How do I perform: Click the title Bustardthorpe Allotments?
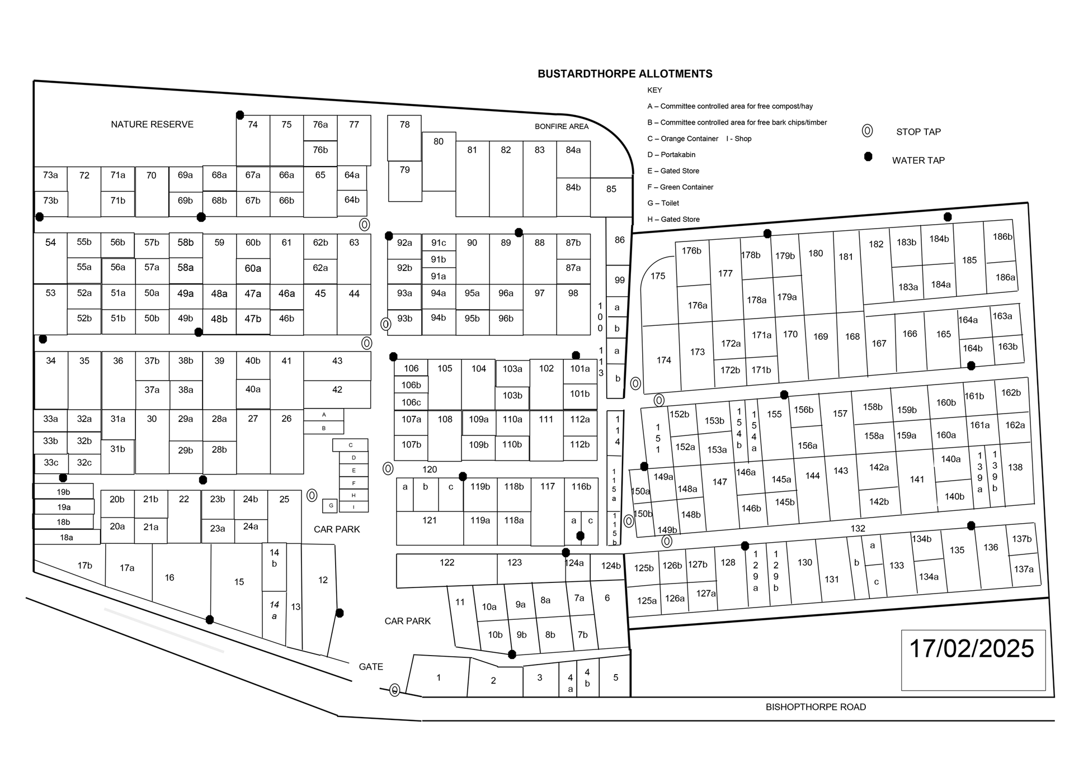click(x=625, y=74)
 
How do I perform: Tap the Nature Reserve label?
click(x=152, y=125)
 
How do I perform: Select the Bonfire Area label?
click(x=562, y=126)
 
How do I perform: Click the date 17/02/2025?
click(x=972, y=649)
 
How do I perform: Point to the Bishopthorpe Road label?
click(x=816, y=707)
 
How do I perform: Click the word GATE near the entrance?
click(x=371, y=667)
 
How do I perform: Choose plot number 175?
click(x=658, y=276)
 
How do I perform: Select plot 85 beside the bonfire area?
click(x=611, y=189)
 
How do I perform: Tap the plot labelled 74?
click(x=253, y=125)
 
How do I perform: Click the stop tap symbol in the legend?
click(x=867, y=131)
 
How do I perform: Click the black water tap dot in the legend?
click(x=868, y=156)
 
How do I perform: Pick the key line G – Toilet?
click(x=663, y=203)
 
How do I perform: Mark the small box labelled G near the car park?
click(x=331, y=506)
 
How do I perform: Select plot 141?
click(x=917, y=480)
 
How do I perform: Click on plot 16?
click(x=169, y=578)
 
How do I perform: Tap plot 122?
click(x=447, y=563)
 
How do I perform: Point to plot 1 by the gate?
click(x=439, y=678)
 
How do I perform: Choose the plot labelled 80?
click(x=439, y=142)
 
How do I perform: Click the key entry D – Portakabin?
click(x=671, y=155)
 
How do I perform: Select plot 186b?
click(x=1002, y=237)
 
